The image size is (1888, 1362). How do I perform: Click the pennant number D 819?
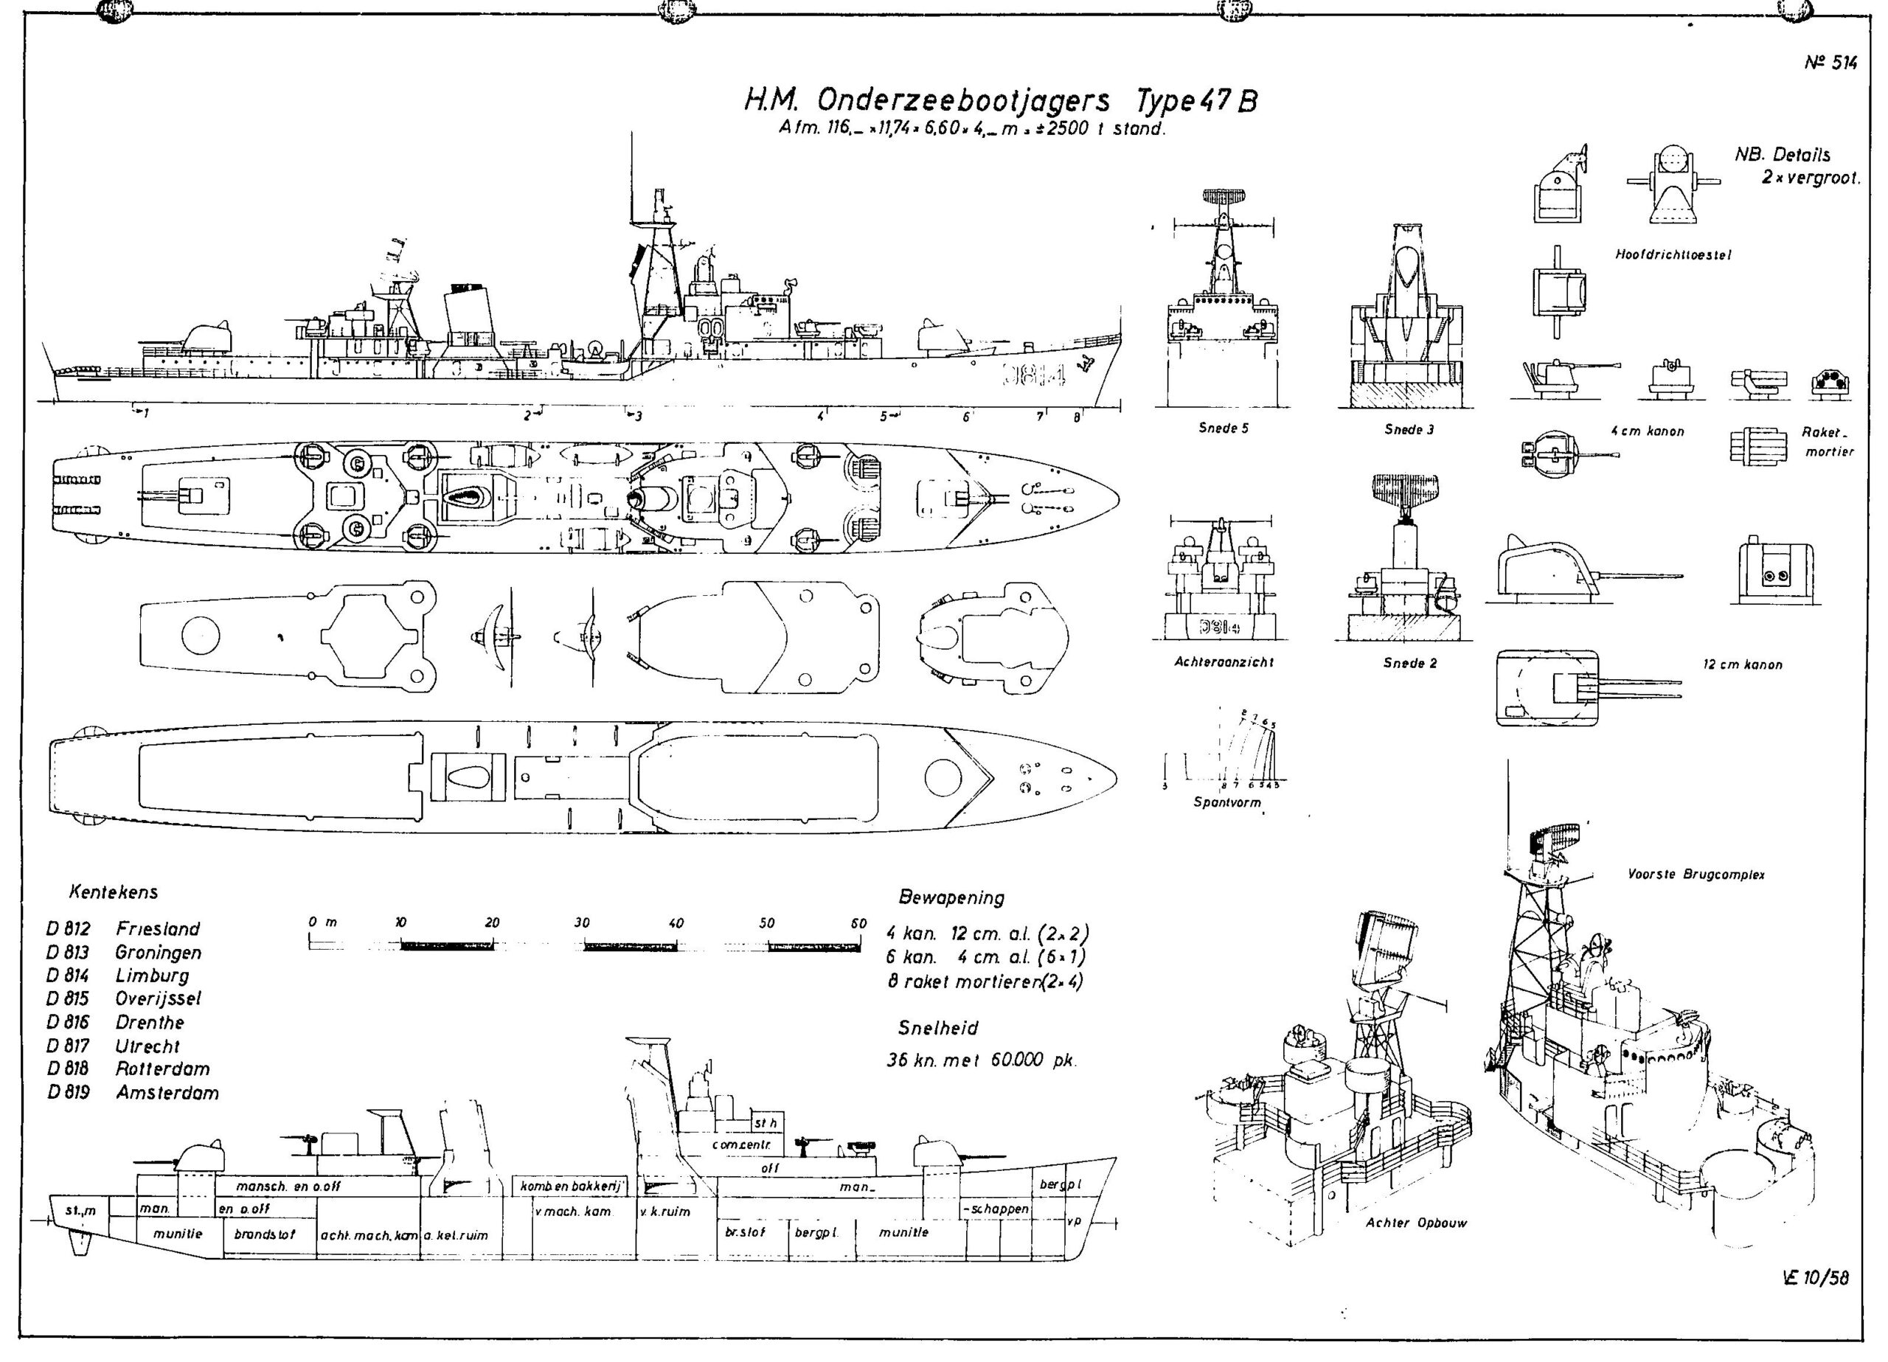pos(69,1092)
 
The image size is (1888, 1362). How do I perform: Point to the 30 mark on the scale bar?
pos(582,923)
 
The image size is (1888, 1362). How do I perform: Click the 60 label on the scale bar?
pos(858,923)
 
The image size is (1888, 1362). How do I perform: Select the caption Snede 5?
pos(1223,428)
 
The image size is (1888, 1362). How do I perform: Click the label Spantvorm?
pos(1227,802)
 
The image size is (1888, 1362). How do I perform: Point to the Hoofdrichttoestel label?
pos(1673,254)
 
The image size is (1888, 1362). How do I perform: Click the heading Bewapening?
pos(951,897)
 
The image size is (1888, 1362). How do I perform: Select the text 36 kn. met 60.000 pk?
pos(982,1060)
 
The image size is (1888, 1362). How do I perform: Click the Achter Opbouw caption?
pos(1416,1223)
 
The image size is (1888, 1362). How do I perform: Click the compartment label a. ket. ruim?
pos(455,1235)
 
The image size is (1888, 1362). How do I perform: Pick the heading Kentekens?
pos(114,892)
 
